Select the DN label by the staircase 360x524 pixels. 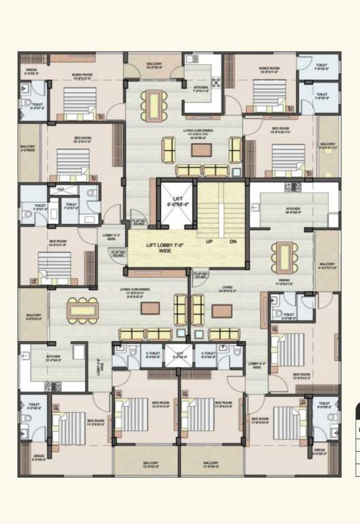point(232,241)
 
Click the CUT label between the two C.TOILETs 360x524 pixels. point(180,353)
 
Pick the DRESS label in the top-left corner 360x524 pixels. point(31,70)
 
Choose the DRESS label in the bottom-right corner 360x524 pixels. point(320,450)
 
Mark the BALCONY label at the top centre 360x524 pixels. point(154,65)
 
